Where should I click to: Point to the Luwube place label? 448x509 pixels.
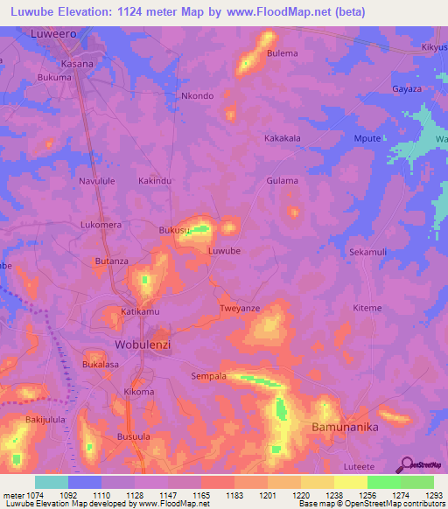(x=224, y=251)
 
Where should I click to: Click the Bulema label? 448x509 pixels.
(x=283, y=53)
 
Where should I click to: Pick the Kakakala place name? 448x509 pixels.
(x=283, y=138)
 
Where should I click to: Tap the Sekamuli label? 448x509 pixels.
(x=367, y=252)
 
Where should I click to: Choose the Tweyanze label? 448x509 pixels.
(x=240, y=309)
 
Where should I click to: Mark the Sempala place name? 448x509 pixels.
(x=208, y=376)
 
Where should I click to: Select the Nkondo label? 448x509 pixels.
(x=196, y=96)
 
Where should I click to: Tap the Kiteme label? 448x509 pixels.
(x=367, y=308)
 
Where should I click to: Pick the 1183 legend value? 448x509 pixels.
(x=234, y=495)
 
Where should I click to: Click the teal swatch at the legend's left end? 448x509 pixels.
(x=52, y=482)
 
